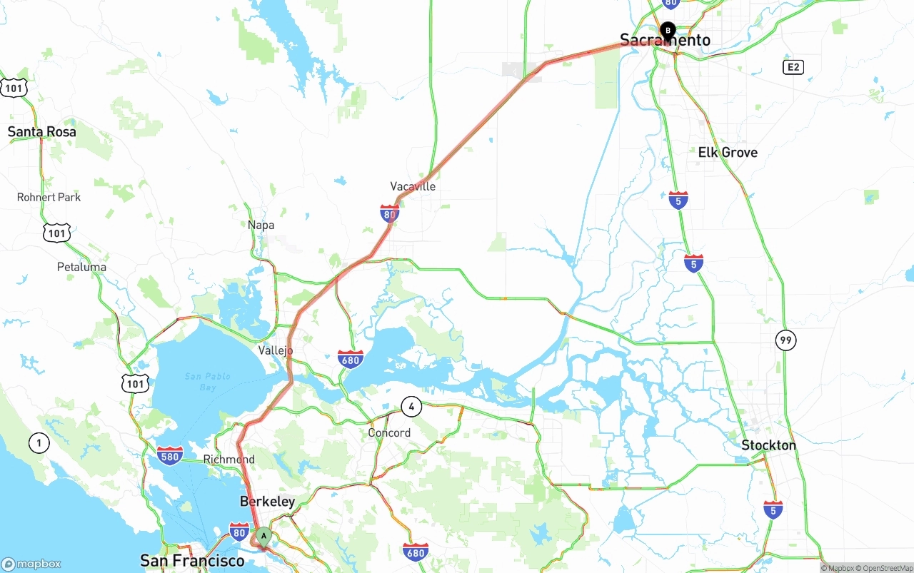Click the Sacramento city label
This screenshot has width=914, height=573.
(x=665, y=41)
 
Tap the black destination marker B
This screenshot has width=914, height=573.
(x=668, y=31)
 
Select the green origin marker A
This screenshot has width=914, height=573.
(x=263, y=536)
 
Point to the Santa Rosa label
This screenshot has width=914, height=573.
(x=41, y=132)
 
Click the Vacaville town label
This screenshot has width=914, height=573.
(x=413, y=186)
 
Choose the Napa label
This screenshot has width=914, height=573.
(x=261, y=225)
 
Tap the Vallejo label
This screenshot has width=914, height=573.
(x=276, y=350)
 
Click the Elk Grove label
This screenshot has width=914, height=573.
(x=728, y=152)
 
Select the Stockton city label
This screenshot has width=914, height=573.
(x=768, y=445)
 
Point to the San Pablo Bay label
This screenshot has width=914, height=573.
(x=207, y=381)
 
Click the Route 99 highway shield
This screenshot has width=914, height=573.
(x=785, y=340)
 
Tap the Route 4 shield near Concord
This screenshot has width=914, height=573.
(x=411, y=407)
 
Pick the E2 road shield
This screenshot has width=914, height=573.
(x=793, y=67)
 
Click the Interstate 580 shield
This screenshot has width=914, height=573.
(x=170, y=455)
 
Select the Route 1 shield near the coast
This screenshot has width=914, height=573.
(x=39, y=443)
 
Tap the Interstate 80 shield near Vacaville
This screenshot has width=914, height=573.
(x=389, y=213)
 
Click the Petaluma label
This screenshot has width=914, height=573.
(x=81, y=267)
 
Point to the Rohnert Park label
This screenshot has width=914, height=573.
(x=49, y=197)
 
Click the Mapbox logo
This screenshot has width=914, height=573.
(x=31, y=564)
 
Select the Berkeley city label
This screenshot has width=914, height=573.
(x=267, y=502)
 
